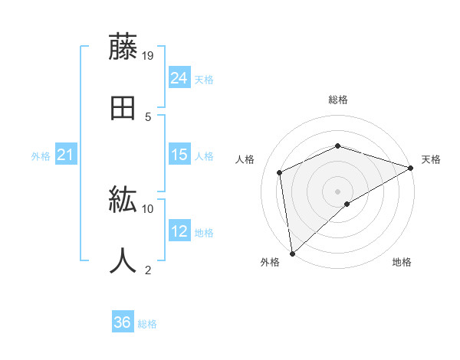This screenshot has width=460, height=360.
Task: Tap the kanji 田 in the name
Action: coord(123,108)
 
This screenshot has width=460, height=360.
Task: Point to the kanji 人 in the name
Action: coord(123,261)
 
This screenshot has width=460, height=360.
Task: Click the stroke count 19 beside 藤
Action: coord(149,55)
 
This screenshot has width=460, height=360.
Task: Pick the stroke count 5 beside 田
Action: coord(148,116)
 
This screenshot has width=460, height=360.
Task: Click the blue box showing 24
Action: coord(179,78)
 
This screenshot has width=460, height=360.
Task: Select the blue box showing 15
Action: coord(179,155)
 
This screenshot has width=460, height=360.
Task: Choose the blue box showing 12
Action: coord(179,231)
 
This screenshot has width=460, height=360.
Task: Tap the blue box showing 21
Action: coord(66,155)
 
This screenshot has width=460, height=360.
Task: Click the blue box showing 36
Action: coord(123,323)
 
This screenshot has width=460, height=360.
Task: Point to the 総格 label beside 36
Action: coord(147,324)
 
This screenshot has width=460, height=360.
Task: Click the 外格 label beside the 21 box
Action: coord(41,156)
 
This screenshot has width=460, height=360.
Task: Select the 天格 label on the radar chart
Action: coord(431,159)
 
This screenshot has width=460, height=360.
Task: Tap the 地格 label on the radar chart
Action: coord(402,263)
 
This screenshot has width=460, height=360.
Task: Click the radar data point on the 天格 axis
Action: coord(410,168)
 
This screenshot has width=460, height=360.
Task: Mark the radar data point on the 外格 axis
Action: coord(292,253)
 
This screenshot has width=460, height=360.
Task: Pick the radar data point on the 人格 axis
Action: coord(280,172)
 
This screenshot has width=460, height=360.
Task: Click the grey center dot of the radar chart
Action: coord(337,191)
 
